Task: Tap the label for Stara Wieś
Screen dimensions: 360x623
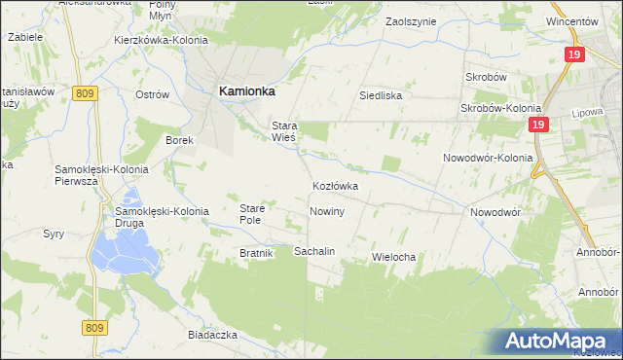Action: pyautogui.click(x=283, y=131)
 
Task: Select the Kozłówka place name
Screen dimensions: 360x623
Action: pyautogui.click(x=335, y=185)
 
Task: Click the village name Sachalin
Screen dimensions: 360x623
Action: pyautogui.click(x=314, y=251)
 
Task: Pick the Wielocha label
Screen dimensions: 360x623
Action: pyautogui.click(x=394, y=257)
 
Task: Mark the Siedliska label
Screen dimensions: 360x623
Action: pyautogui.click(x=381, y=96)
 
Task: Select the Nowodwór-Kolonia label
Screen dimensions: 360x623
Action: pyautogui.click(x=488, y=158)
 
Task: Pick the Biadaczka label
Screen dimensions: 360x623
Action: pyautogui.click(x=213, y=334)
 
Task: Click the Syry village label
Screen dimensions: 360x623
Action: pyautogui.click(x=53, y=234)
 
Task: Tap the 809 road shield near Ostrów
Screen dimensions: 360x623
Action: pyautogui.click(x=84, y=93)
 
